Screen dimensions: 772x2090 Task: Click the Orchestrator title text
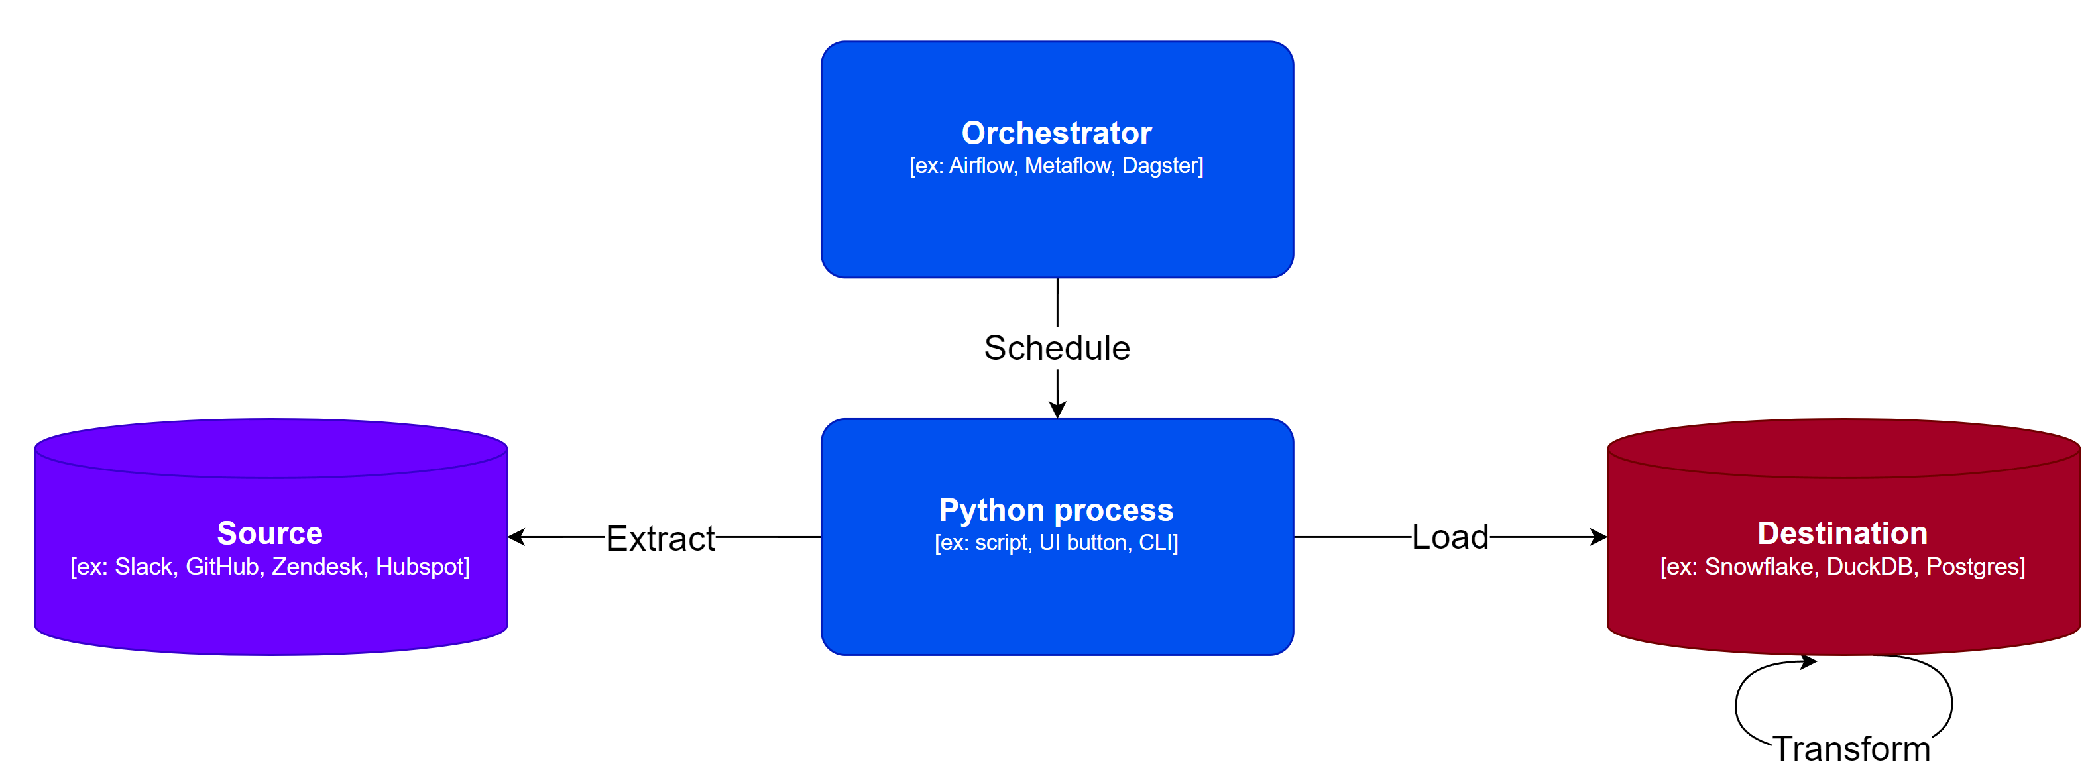pos(1057,133)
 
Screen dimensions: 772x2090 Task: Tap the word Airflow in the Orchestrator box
pos(981,166)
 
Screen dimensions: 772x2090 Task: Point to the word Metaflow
pos(1068,166)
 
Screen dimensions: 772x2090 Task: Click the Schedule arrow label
pos(1057,348)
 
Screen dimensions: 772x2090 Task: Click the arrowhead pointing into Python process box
pos(1057,410)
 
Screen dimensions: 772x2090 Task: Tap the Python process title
pos(1055,510)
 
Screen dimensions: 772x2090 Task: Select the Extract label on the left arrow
pos(660,539)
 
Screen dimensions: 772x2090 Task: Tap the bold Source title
pos(270,533)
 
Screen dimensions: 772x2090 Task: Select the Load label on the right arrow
pos(1450,537)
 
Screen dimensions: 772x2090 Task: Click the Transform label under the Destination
pos(1851,747)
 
